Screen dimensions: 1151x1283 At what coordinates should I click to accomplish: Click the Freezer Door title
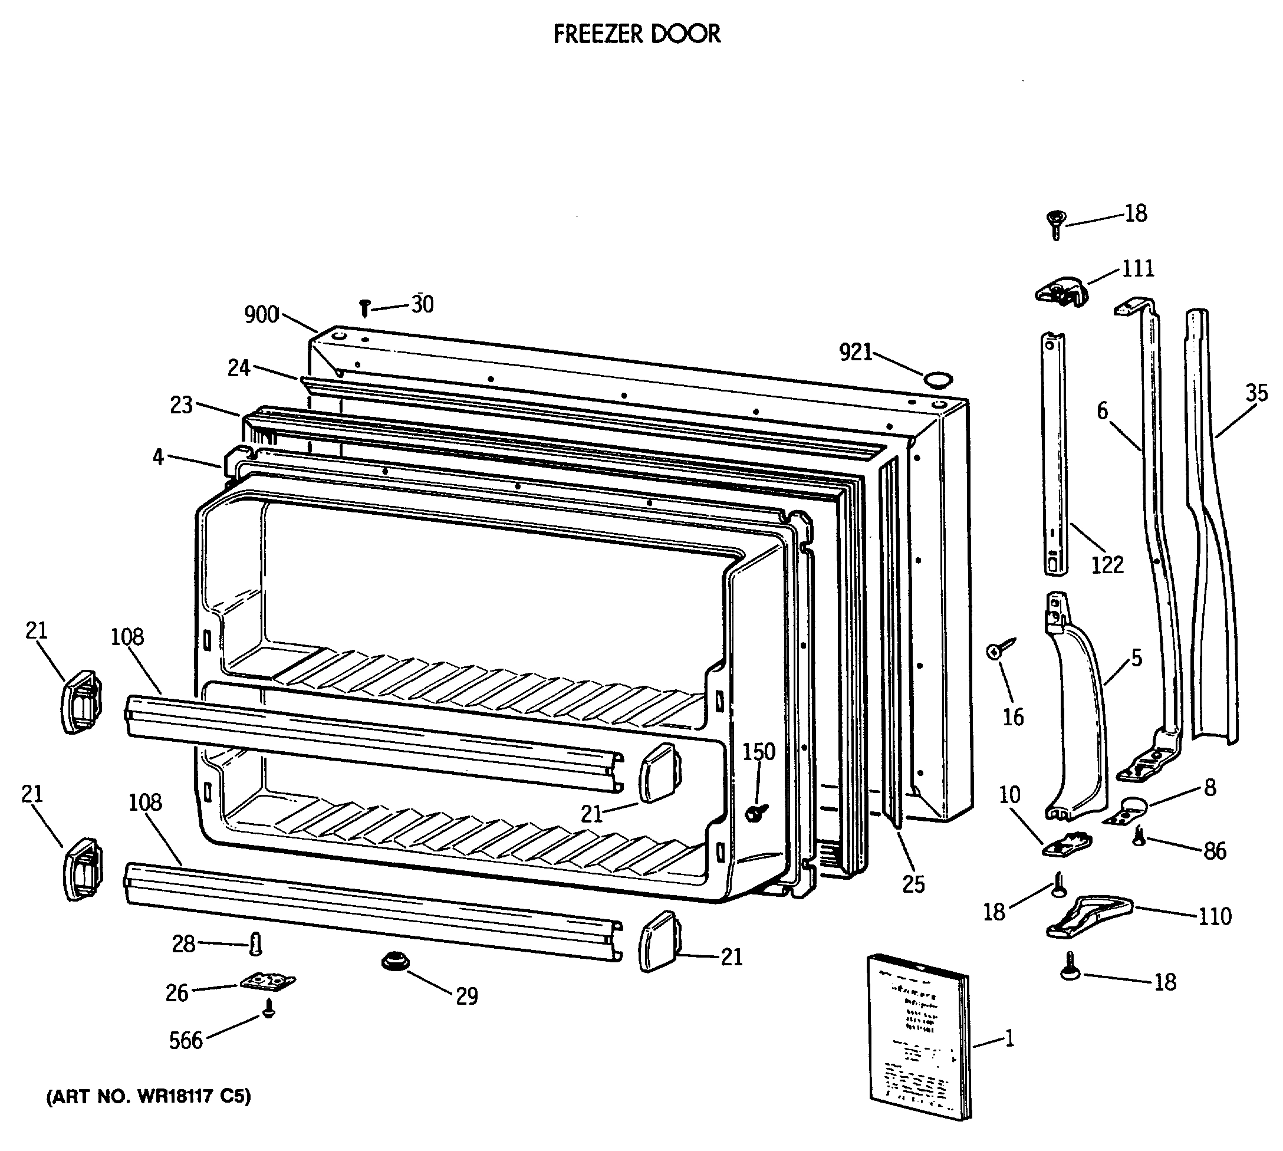click(x=636, y=34)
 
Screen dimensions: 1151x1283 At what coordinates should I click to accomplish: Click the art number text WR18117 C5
click(x=149, y=1096)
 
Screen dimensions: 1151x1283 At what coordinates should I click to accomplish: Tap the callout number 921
click(x=855, y=352)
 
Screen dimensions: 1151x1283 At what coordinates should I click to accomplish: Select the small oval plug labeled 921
click(x=937, y=380)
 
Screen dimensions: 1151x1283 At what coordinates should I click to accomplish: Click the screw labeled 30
click(x=364, y=308)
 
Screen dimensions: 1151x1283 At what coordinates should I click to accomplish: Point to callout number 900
click(x=261, y=314)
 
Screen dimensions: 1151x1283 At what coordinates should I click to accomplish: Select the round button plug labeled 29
click(x=395, y=962)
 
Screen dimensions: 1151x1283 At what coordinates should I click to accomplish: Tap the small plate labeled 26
click(x=268, y=982)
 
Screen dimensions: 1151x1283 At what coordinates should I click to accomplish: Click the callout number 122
click(x=1107, y=565)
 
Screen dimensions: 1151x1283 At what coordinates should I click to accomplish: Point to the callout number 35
click(x=1256, y=393)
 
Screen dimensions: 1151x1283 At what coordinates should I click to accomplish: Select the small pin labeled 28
click(x=255, y=944)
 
